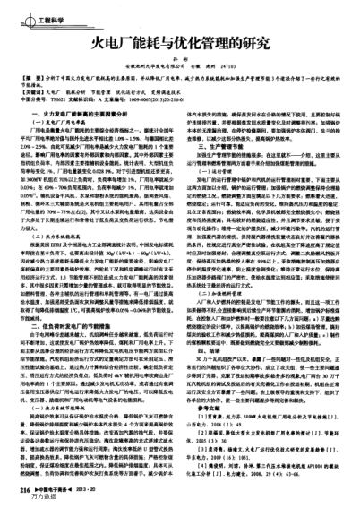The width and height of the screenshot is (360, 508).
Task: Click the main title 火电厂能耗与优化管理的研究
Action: click(180, 39)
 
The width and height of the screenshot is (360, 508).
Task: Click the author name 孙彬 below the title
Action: click(179, 58)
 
